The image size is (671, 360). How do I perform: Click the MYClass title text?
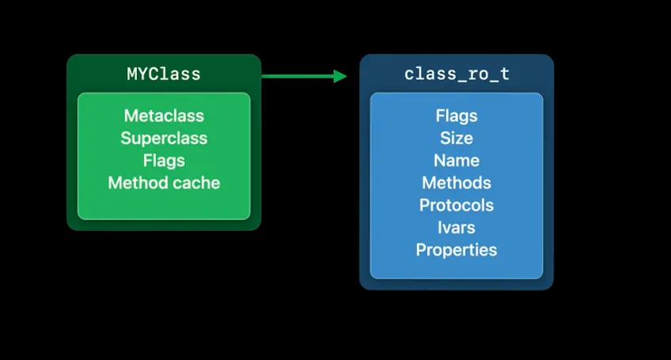point(164,74)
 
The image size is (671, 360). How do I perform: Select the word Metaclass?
point(164,116)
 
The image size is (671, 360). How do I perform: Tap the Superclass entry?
point(164,138)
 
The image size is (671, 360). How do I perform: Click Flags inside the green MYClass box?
point(164,161)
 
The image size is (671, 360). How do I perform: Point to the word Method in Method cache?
point(134,183)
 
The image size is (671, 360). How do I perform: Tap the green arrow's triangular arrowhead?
point(340,76)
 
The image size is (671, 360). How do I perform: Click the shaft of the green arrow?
point(297,76)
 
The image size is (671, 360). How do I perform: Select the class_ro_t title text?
point(457,74)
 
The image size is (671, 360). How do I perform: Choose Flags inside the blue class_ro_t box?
point(457,116)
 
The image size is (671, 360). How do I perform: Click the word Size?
point(457,138)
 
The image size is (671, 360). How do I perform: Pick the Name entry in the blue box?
point(457,161)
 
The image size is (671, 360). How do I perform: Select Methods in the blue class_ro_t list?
point(457,183)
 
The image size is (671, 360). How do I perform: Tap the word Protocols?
point(457,205)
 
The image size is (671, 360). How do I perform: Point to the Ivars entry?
point(457,228)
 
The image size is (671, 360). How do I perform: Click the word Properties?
point(457,250)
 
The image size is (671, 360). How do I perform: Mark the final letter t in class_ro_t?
point(504,74)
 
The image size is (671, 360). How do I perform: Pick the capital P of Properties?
point(421,250)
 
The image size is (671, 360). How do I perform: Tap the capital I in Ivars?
point(440,228)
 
